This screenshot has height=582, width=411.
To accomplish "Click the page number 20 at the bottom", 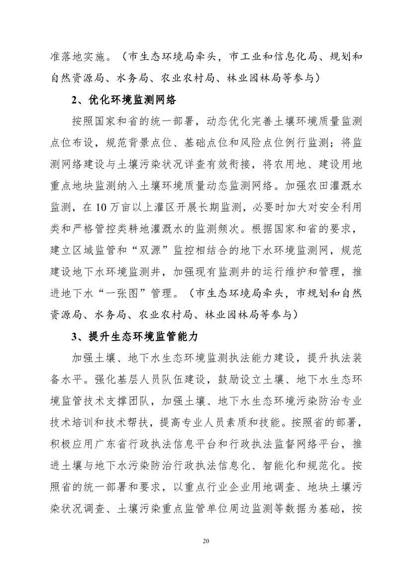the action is [205, 541].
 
